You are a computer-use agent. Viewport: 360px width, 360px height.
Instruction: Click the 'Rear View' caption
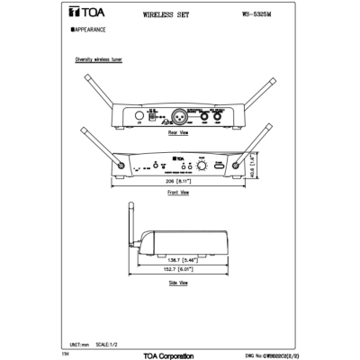tap(177, 131)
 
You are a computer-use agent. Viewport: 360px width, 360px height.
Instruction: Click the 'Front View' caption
tap(177, 193)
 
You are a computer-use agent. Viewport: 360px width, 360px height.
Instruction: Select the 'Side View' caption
tap(177, 283)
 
